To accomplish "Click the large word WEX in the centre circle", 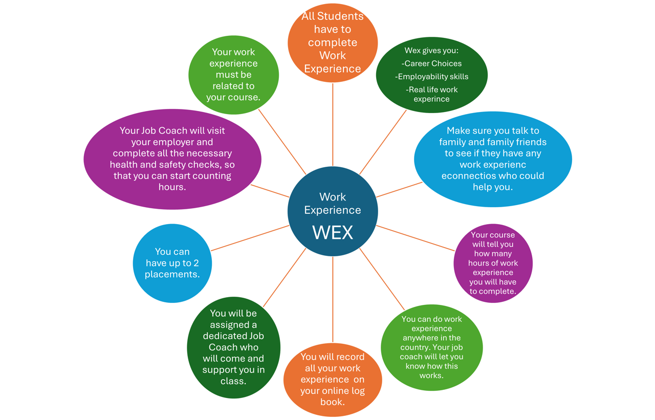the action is pos(333,233).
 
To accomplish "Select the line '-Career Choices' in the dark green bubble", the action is pos(431,63).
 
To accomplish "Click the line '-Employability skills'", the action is pos(431,77).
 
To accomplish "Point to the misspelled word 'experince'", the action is pos(431,99).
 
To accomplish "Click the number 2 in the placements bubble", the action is pos(196,263).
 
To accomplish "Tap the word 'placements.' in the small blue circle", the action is pos(172,274).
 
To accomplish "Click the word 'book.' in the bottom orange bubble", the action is pos(333,402).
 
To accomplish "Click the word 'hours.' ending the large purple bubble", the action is pos(172,187).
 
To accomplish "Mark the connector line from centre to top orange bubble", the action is pos(333,124).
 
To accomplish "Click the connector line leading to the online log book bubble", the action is pos(333,299).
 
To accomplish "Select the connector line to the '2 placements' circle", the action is pos(250,238).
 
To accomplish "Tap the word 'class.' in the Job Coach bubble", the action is pos(233,381).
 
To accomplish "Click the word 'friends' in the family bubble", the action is pos(531,142).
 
